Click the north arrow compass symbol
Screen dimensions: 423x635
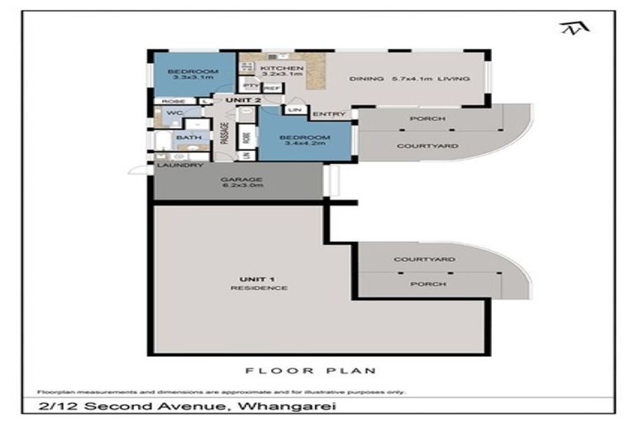coord(571,31)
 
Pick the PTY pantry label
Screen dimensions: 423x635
coord(248,85)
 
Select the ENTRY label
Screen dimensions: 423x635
coord(323,115)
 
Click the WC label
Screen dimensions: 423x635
coord(174,113)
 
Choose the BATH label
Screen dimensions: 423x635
coord(189,138)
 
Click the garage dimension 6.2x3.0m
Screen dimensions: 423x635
coord(241,187)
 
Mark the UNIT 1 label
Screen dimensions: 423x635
coord(247,279)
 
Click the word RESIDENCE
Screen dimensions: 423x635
coord(247,288)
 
